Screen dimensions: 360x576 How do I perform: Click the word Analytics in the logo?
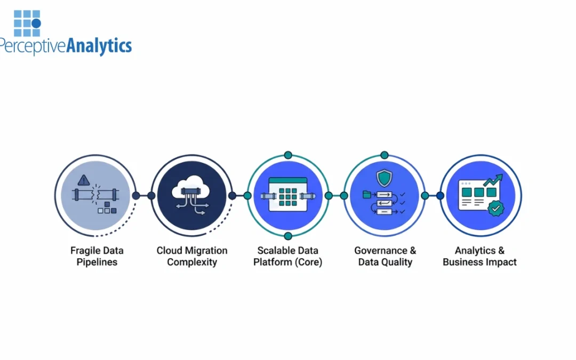(99, 46)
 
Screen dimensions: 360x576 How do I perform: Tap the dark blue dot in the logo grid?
(36, 23)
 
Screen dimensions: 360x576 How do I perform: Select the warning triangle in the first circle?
(83, 180)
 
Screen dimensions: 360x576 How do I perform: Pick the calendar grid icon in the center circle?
(288, 195)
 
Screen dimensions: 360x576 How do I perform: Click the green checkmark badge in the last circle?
(495, 209)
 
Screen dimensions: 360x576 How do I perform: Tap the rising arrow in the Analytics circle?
(493, 180)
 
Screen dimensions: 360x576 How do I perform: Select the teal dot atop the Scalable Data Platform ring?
(288, 155)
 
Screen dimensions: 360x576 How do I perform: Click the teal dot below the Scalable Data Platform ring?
(288, 236)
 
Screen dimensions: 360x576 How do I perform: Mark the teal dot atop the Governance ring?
(384, 155)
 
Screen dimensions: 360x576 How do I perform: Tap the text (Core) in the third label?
(310, 262)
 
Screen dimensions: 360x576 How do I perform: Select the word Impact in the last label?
(501, 262)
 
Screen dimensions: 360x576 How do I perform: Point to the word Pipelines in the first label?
(97, 262)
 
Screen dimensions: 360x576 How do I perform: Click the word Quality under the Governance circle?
(398, 262)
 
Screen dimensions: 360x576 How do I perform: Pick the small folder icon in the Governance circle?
(366, 195)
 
